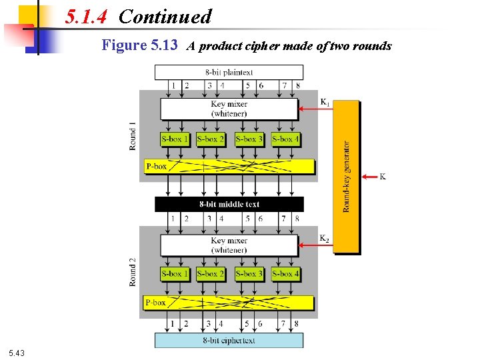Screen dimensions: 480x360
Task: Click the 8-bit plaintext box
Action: click(229, 72)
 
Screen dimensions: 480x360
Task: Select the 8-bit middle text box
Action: click(229, 204)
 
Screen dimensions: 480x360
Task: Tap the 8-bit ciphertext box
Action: click(229, 340)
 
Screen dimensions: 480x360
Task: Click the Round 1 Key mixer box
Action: click(229, 109)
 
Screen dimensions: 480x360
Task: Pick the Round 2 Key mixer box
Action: click(229, 245)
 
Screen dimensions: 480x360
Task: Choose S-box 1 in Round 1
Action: click(175, 139)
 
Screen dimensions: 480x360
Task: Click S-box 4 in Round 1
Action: click(285, 139)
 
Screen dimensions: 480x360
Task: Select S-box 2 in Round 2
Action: click(211, 273)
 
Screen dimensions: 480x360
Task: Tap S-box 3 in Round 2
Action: click(249, 273)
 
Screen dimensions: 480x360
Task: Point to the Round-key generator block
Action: click(346, 177)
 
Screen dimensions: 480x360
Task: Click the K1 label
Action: click(325, 102)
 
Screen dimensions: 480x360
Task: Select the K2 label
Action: click(325, 238)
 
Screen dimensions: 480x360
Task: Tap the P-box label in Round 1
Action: click(156, 166)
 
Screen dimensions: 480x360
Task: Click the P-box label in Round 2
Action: click(156, 303)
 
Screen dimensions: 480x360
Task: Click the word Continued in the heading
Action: click(165, 17)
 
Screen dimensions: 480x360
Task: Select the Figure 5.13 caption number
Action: click(139, 45)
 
